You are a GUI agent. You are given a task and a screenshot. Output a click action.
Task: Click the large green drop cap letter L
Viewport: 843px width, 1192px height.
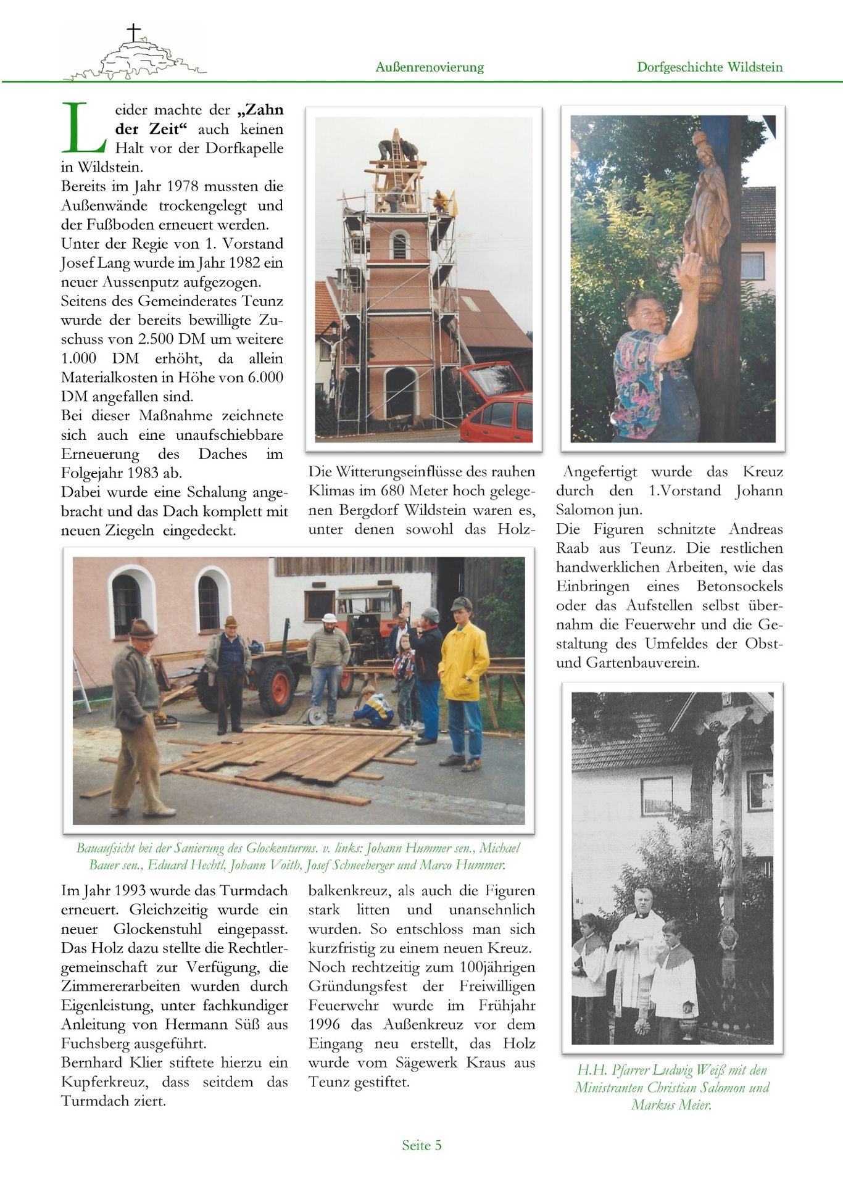tap(84, 128)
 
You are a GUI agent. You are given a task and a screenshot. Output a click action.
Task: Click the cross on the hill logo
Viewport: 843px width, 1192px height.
tap(133, 32)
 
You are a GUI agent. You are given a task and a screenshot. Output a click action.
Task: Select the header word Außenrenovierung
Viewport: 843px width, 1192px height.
tap(430, 67)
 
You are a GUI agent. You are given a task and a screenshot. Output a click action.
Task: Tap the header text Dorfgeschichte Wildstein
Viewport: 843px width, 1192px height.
tap(710, 67)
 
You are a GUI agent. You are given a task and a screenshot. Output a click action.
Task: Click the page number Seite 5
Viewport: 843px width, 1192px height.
tap(421, 1145)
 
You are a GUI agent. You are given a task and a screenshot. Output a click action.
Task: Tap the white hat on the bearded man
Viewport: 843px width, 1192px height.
tap(330, 618)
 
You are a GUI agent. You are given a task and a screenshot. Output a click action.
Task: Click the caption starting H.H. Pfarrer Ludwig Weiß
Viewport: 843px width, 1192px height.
tap(672, 1087)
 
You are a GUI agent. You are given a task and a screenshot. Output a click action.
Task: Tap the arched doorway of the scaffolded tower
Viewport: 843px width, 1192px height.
tap(400, 392)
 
